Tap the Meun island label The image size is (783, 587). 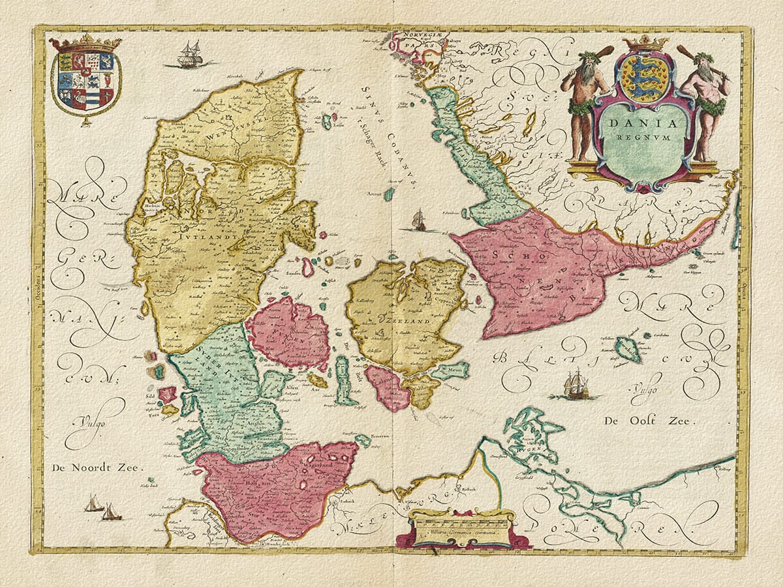click(454, 371)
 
